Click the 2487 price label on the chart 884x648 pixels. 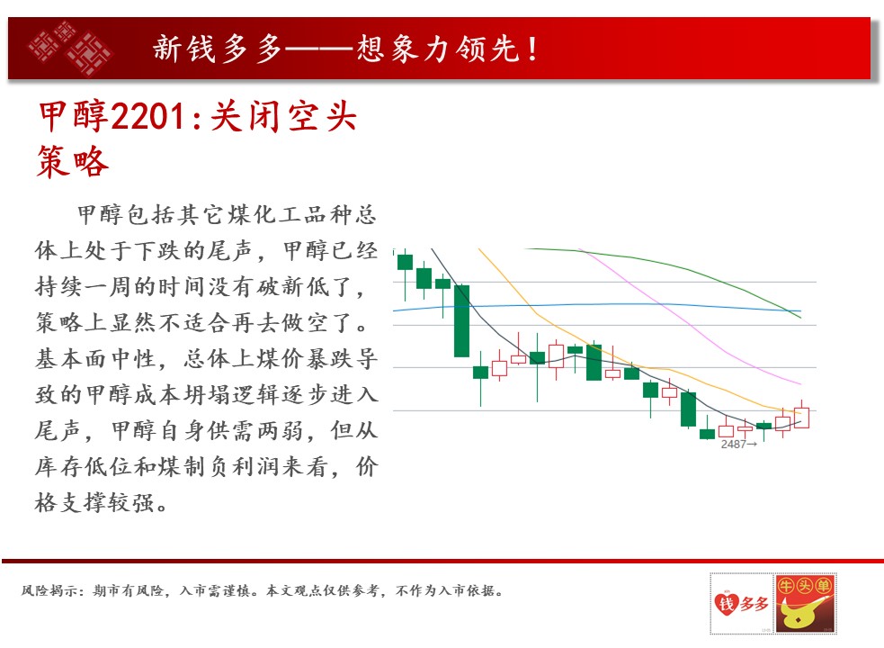point(734,445)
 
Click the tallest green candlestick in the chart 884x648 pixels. point(461,320)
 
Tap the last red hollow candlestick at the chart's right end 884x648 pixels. point(801,417)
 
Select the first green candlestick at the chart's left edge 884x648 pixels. point(405,263)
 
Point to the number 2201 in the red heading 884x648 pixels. point(148,117)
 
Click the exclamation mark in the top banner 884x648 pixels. point(532,48)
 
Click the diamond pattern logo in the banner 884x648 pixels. point(70,48)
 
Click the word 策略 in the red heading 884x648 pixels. point(72,161)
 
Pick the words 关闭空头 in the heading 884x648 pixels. point(283,117)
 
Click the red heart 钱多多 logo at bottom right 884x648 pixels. point(741,603)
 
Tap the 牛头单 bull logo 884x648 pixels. point(805,603)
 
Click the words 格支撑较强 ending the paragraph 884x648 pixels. point(94,502)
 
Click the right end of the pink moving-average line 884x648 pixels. point(800,383)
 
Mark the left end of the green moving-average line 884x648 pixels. point(525,248)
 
